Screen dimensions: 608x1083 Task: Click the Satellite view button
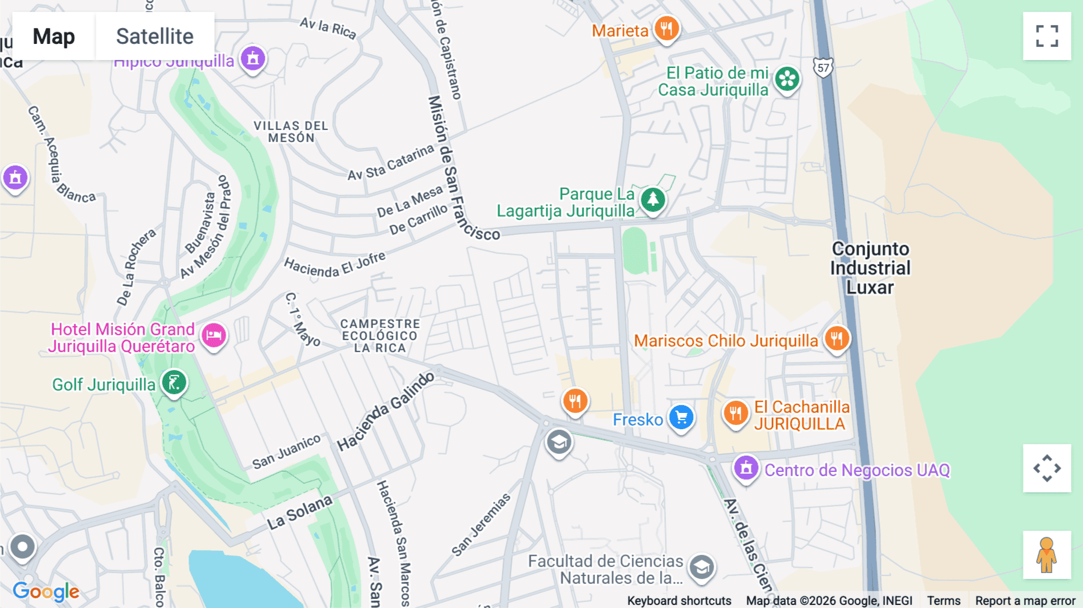tap(155, 36)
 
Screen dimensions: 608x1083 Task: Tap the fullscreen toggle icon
tap(1047, 36)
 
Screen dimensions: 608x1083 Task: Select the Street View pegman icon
tap(1047, 554)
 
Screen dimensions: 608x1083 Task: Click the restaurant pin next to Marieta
tap(666, 28)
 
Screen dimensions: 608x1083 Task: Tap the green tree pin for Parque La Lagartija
tap(653, 199)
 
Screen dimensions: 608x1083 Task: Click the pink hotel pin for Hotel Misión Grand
tap(214, 335)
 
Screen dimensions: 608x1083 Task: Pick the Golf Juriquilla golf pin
tap(174, 382)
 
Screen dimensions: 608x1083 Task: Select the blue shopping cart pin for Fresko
tap(681, 417)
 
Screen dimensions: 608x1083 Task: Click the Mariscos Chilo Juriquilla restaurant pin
tap(836, 338)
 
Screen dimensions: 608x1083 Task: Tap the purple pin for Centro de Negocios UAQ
tap(746, 467)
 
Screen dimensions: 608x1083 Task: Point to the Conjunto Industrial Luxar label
tap(870, 268)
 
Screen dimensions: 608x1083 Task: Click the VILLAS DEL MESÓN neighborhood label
tap(291, 132)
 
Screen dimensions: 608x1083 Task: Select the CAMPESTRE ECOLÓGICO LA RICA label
tap(380, 336)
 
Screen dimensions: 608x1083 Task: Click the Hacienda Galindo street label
tap(386, 412)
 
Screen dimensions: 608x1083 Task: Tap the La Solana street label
tap(300, 513)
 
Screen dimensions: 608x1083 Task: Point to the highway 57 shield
tap(822, 67)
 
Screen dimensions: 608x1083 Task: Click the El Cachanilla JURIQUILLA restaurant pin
tap(735, 413)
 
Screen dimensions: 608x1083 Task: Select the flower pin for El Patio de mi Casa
tap(787, 79)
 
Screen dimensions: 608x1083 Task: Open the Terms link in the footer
tap(943, 601)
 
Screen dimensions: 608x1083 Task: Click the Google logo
tap(46, 592)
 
